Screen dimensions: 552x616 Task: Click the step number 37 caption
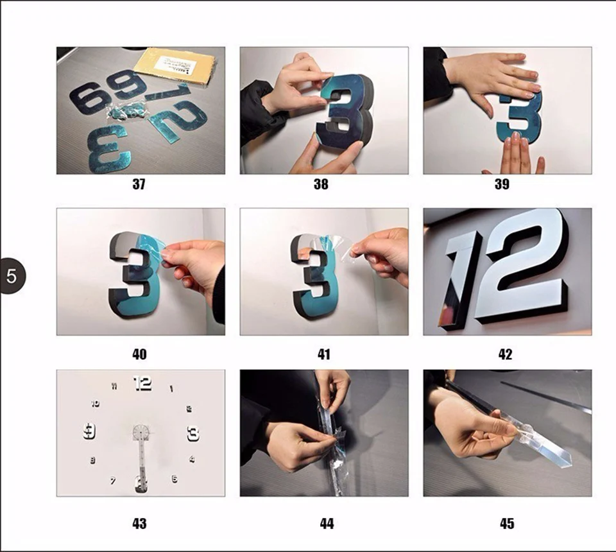coord(139,184)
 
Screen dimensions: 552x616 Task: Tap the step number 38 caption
coord(321,184)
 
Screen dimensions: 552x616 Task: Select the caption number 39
coord(502,184)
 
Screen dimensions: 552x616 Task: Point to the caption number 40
coord(139,354)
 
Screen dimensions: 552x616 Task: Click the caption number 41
coord(323,354)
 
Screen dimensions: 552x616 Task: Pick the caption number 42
coord(506,354)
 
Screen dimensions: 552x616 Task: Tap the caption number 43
coord(139,524)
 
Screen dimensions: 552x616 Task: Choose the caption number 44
coord(327,524)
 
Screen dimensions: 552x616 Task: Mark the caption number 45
coord(507,524)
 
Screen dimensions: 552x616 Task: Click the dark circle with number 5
coord(12,277)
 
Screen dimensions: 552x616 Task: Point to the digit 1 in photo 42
coord(463,277)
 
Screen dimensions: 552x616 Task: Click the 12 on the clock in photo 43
coord(142,383)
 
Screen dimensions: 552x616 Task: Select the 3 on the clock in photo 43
coord(193,434)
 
